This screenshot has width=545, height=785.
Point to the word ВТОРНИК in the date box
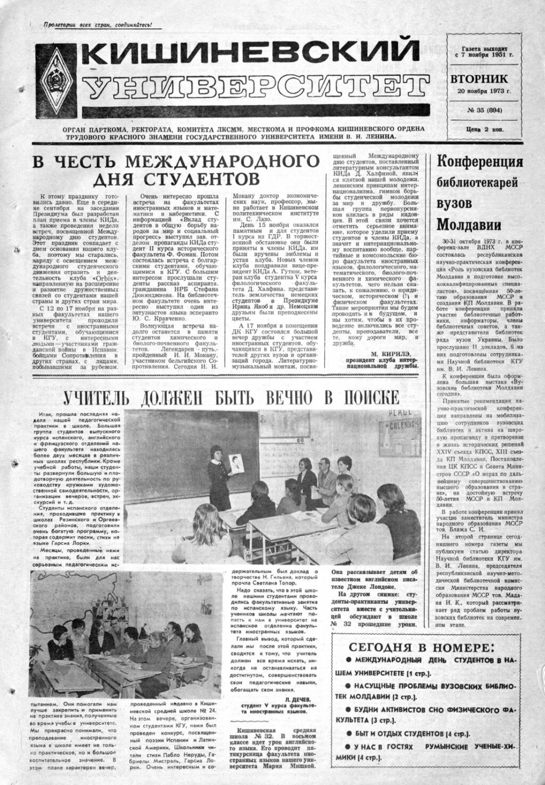tap(478, 79)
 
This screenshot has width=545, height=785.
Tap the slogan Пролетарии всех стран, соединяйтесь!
tap(97, 25)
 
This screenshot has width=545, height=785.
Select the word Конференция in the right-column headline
tap(480, 161)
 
